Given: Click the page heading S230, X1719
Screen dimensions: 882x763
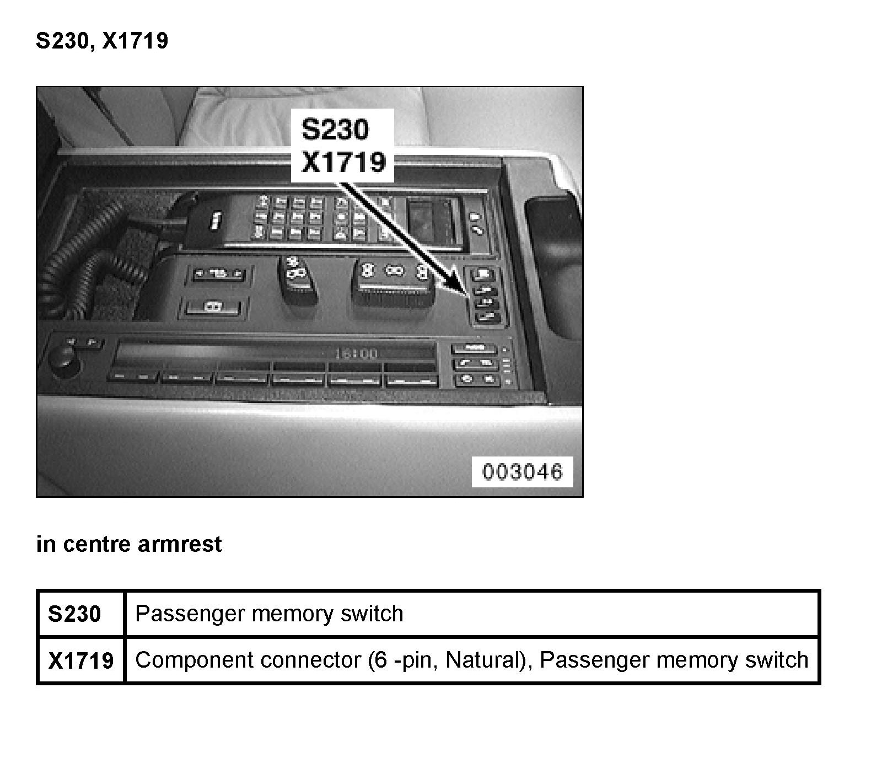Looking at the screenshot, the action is tap(102, 41).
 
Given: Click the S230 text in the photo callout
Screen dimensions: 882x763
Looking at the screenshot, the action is tap(335, 130).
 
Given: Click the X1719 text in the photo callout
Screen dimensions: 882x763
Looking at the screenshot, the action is tap(343, 162).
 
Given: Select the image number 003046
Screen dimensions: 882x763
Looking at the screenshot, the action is tap(522, 472).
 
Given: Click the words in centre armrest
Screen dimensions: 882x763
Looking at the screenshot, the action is tap(129, 544).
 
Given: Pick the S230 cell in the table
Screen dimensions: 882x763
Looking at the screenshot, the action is tap(75, 614).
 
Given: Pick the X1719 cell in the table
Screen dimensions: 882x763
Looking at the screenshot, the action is tap(81, 660).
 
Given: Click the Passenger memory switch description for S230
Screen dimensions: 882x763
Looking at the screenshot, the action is tap(269, 614).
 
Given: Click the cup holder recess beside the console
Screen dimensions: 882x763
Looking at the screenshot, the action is tap(553, 265).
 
